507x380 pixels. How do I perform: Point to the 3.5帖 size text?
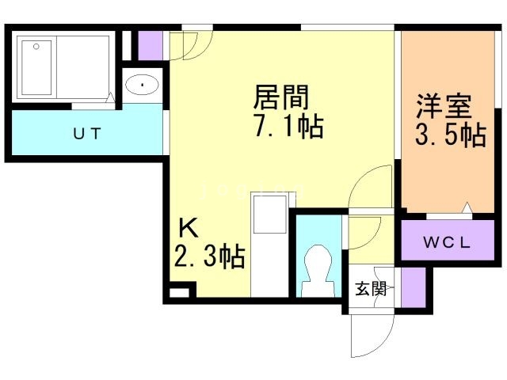450,135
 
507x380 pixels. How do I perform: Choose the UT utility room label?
87,133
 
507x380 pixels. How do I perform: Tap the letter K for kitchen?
187,228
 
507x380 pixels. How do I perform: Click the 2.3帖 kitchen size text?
208,257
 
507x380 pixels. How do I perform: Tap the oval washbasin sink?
143,83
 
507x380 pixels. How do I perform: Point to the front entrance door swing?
369,336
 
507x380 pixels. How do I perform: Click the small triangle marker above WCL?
467,209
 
